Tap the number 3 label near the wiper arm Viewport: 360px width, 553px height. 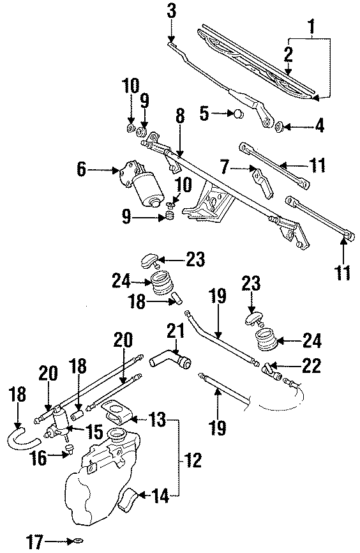170,11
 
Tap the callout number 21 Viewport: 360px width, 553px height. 176,331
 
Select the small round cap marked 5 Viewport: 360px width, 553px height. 237,114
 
